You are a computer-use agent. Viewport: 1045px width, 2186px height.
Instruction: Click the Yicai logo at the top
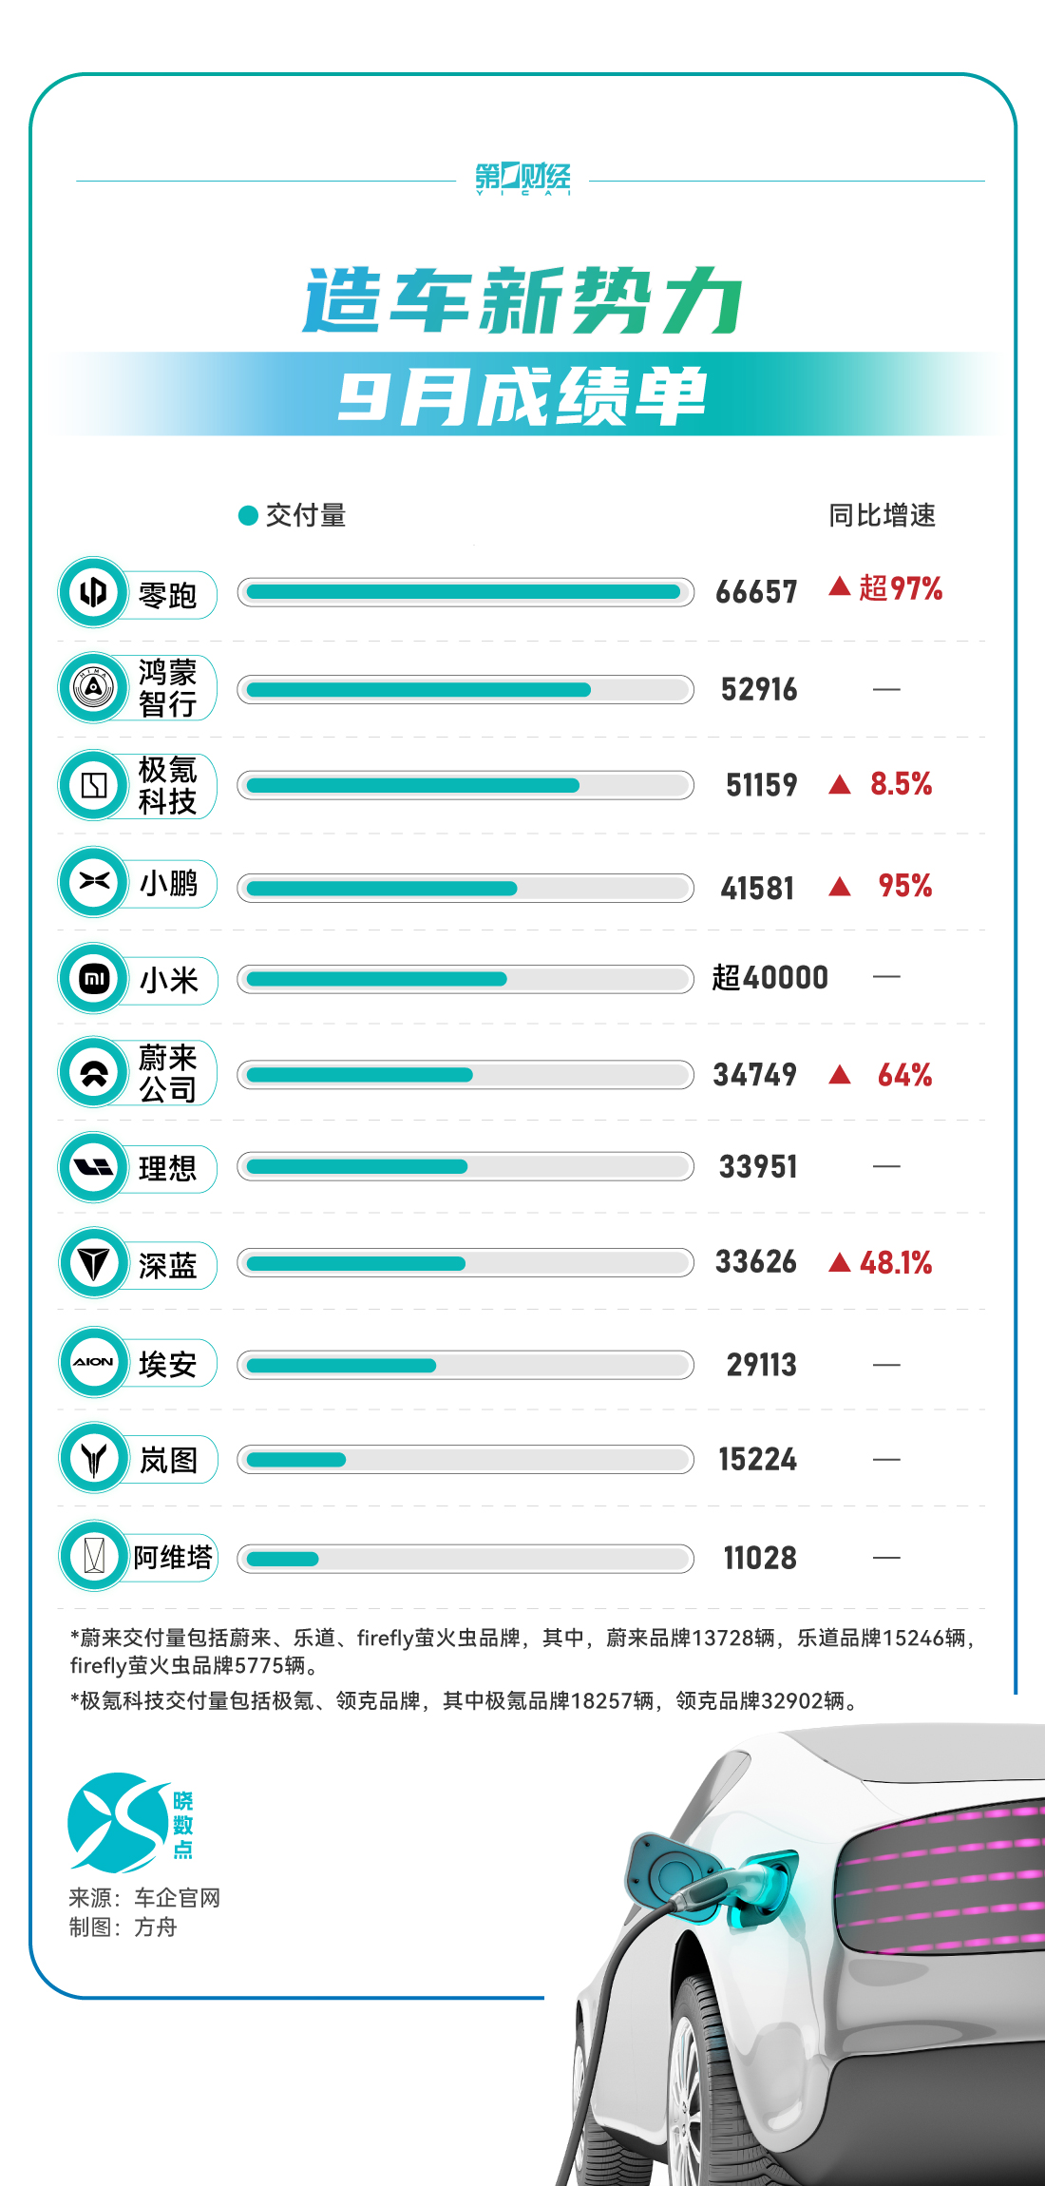tap(522, 178)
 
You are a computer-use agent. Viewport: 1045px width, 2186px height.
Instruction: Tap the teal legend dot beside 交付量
tap(248, 515)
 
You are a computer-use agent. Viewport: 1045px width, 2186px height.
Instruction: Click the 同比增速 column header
tap(882, 515)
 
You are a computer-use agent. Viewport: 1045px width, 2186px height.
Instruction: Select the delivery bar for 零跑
tap(465, 592)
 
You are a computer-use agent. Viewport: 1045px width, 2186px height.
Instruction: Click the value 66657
tap(756, 592)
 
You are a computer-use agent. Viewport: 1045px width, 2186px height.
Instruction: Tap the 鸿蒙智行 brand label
tap(167, 688)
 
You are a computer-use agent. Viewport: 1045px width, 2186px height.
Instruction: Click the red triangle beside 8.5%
tap(839, 785)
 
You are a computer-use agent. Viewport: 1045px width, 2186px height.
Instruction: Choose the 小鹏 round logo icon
tap(94, 882)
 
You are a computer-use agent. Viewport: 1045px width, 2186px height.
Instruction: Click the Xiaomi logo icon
tap(94, 978)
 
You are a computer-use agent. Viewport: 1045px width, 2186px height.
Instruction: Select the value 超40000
tap(769, 977)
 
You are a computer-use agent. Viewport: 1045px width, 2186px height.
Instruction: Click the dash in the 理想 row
tap(885, 1166)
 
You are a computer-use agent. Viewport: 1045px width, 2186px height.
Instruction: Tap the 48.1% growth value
tap(896, 1263)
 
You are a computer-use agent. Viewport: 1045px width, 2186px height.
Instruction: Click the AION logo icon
tap(94, 1362)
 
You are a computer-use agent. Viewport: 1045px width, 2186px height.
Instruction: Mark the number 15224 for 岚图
tap(757, 1459)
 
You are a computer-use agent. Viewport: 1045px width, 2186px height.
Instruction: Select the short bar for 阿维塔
tap(282, 1559)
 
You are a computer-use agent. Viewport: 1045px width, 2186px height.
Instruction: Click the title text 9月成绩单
tap(522, 395)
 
